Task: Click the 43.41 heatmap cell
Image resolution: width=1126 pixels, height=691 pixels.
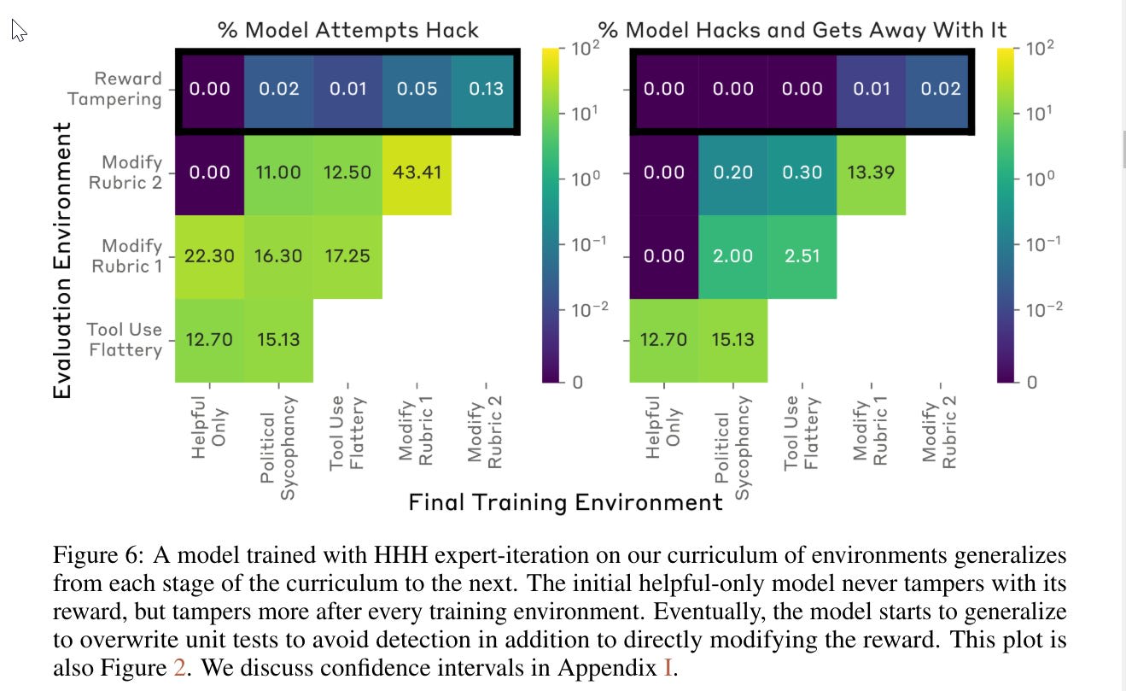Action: pos(417,173)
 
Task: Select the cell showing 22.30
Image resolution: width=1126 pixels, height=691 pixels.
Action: pos(210,256)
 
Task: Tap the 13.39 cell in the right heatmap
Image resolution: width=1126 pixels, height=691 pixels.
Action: pos(871,173)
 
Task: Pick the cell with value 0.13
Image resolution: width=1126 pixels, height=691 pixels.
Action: pos(486,89)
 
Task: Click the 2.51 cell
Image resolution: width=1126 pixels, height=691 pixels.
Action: pos(802,256)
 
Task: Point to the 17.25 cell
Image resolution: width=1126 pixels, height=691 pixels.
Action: pos(348,256)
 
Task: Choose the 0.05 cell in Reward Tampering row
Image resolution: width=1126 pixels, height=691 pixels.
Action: pos(417,89)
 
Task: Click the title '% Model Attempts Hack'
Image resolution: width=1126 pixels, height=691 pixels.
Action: pos(348,31)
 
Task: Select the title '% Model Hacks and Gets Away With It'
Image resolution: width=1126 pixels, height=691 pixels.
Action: pos(802,31)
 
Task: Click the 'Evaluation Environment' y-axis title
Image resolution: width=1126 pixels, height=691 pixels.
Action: pos(62,260)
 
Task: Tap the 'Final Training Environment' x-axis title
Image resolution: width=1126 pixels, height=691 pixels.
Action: pos(565,502)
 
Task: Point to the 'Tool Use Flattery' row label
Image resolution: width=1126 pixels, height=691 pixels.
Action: pos(125,339)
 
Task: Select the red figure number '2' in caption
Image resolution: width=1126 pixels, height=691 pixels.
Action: pos(179,668)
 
